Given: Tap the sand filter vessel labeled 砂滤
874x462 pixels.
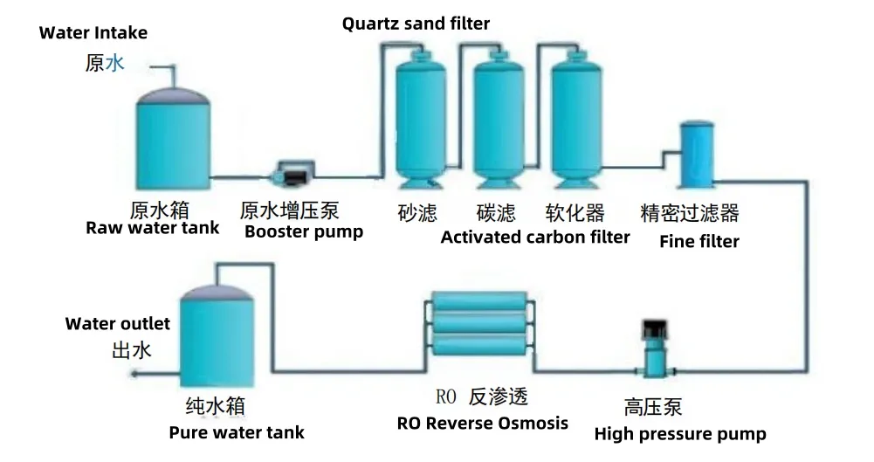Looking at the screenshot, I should [419, 118].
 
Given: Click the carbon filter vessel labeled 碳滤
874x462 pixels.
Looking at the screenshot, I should [498, 118].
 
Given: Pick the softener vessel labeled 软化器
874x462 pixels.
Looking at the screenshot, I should [575, 118].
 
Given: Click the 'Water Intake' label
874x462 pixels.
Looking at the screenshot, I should [93, 33].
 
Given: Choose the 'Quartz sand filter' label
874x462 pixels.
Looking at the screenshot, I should [416, 24].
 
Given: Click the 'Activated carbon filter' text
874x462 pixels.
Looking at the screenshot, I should [535, 237].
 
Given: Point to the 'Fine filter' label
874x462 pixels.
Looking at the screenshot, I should [699, 241].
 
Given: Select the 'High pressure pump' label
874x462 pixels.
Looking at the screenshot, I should [680, 434].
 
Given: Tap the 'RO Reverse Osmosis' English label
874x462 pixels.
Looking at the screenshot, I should [483, 424].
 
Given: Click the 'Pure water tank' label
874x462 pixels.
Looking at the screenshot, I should [237, 432].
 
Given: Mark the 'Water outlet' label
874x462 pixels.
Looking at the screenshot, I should [118, 324].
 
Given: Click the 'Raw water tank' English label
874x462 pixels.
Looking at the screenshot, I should [153, 229].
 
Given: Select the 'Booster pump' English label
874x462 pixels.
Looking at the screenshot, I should [304, 232].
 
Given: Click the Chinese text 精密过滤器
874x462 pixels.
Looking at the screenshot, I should [690, 212].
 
